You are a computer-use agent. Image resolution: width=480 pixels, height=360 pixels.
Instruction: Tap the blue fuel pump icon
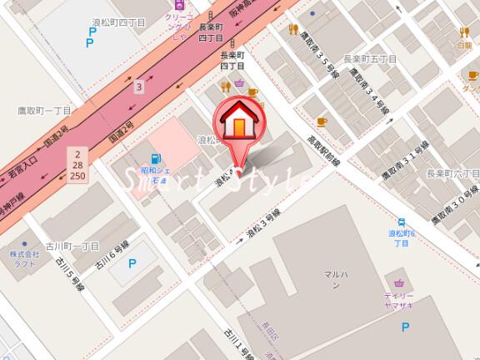(x=155, y=159)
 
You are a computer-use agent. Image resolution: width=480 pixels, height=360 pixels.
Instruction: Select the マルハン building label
(x=333, y=277)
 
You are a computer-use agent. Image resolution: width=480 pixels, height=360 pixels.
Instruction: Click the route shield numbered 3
(x=140, y=85)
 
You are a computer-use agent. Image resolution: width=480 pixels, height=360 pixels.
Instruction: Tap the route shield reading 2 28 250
(x=78, y=165)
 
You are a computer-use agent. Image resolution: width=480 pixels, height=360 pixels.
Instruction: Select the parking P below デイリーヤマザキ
(x=406, y=327)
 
